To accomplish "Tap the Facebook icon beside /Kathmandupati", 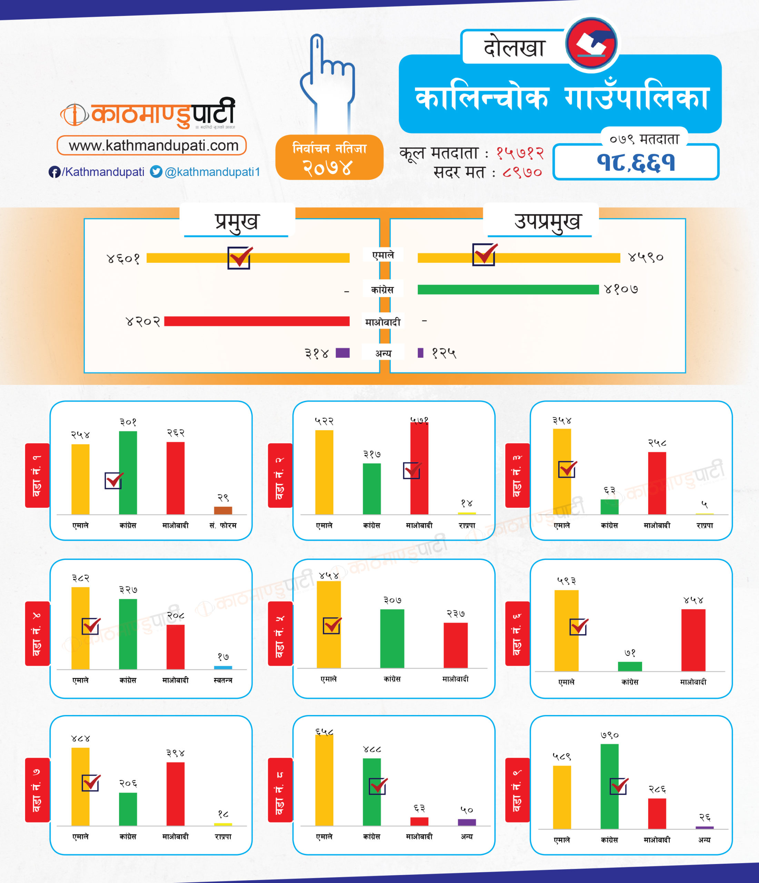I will tap(54, 172).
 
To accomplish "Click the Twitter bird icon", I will tap(156, 172).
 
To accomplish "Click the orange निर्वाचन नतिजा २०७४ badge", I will tap(329, 157).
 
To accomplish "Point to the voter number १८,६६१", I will tap(635, 163).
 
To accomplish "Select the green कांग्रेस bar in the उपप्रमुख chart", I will tap(507, 290).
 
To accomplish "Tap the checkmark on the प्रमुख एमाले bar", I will tap(239, 257).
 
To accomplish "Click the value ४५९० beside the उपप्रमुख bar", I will tap(645, 257).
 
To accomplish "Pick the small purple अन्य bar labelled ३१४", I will tap(343, 353).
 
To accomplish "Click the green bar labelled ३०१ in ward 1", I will tap(128, 473).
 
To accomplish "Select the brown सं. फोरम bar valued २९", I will tap(223, 510).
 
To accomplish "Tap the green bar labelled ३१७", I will tap(372, 489).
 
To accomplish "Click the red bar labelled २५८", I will tap(657, 483).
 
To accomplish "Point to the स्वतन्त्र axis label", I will tap(223, 680).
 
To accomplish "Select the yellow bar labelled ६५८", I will tap(324, 780).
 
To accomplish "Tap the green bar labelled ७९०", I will tap(609, 786).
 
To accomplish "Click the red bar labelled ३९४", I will tap(175, 794).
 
